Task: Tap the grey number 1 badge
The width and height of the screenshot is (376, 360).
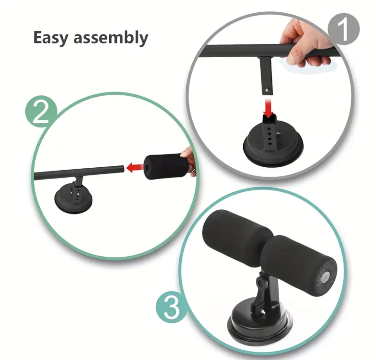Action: coord(344,29)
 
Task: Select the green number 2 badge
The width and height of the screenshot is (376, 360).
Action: coord(41,112)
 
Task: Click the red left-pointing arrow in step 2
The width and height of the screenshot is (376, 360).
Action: coord(135,168)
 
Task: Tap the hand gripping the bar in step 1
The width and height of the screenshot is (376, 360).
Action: coord(306,44)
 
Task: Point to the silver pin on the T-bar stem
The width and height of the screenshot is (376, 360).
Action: coord(267,90)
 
